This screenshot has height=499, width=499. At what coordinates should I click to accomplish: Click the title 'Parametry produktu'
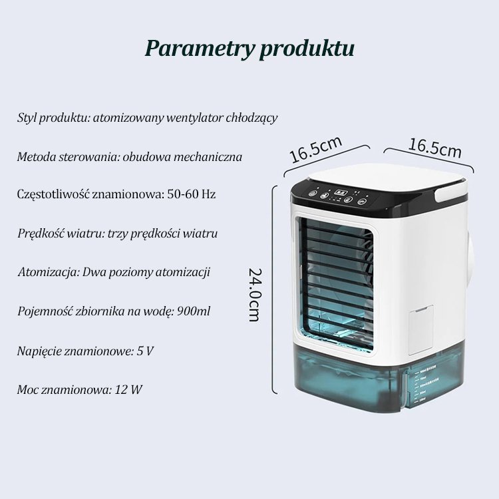click(249, 49)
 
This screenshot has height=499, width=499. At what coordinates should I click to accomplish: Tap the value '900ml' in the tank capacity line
click(197, 311)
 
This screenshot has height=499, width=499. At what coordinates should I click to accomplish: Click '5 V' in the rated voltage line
click(145, 350)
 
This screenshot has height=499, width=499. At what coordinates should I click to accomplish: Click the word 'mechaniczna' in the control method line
click(210, 157)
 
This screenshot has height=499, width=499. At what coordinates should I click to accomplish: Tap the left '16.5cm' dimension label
click(315, 149)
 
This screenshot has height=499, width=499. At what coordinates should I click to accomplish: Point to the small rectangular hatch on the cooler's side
click(420, 329)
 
